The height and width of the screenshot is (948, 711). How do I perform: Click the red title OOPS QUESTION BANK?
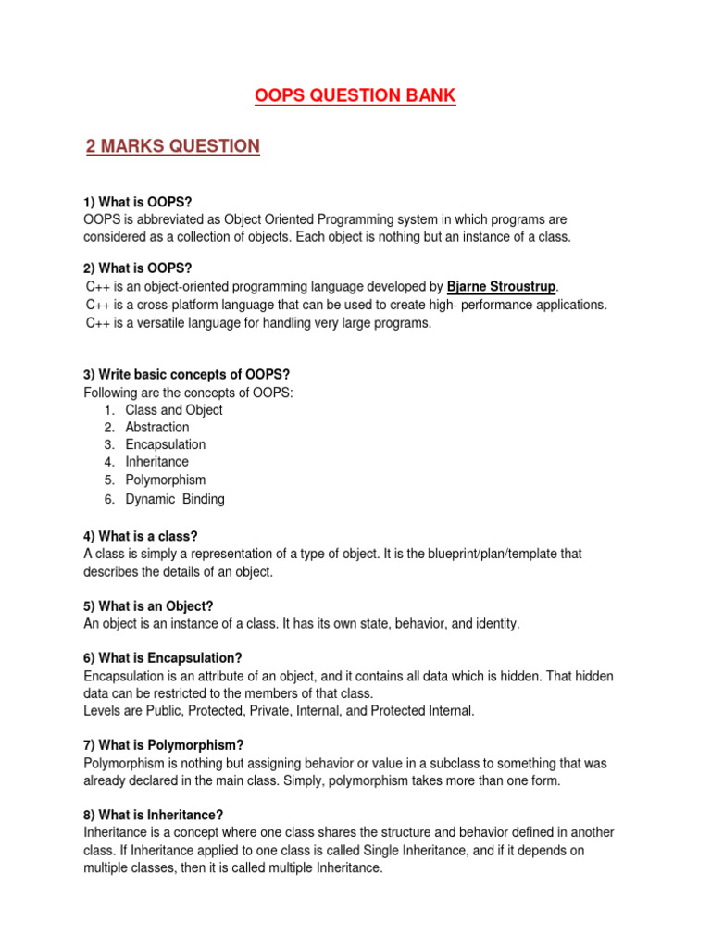pos(355,96)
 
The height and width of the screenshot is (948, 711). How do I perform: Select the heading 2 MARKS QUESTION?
pos(172,146)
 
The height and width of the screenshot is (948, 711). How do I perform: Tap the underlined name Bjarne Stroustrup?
pos(503,286)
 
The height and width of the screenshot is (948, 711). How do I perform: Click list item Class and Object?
pos(174,409)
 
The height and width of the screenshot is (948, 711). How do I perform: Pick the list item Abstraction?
pos(157,427)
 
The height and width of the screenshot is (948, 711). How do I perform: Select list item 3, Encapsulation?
pos(166,444)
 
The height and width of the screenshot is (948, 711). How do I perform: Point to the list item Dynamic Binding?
pos(175,499)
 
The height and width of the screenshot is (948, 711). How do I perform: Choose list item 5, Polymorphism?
pos(166,480)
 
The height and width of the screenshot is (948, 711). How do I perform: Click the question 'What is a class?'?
pos(141,536)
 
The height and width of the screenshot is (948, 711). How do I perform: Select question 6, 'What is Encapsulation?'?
pos(163,657)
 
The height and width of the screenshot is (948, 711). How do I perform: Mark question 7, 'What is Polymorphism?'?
pos(163,745)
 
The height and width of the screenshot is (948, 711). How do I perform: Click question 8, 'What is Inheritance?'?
pos(154,815)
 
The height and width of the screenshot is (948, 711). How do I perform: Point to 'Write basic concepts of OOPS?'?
pos(187,374)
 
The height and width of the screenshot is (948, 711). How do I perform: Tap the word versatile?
pos(168,322)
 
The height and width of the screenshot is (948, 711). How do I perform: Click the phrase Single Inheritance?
pos(445,850)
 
